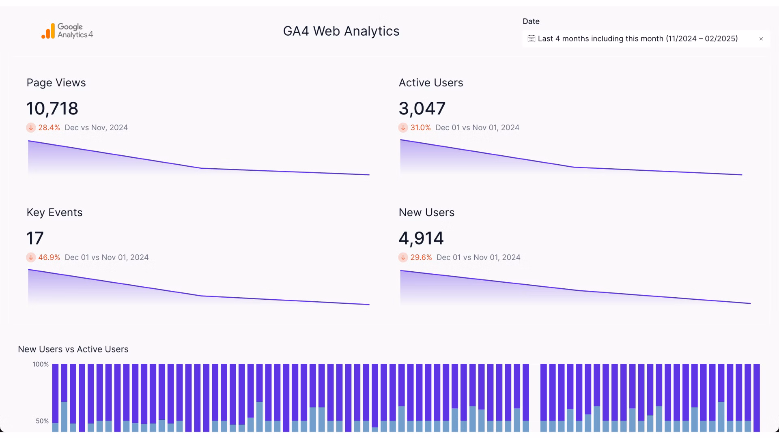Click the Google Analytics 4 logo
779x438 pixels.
[67, 31]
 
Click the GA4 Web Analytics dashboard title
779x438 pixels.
[341, 31]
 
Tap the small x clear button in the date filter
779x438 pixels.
[761, 39]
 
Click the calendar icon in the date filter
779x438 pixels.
[531, 39]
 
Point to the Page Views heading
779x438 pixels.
[56, 83]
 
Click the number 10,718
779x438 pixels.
[52, 109]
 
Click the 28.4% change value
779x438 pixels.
[49, 128]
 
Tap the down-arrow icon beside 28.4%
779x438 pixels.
[31, 128]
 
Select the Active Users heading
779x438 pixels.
[430, 83]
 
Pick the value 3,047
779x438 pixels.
[422, 109]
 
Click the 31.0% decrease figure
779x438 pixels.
[420, 128]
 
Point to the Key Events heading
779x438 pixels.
[54, 213]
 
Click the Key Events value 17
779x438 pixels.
[35, 238]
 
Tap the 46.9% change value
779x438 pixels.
[49, 258]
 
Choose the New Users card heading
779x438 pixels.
[426, 213]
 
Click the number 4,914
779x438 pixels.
[421, 238]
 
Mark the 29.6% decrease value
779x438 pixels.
[421, 258]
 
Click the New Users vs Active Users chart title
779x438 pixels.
[73, 349]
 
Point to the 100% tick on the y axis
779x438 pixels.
[41, 364]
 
